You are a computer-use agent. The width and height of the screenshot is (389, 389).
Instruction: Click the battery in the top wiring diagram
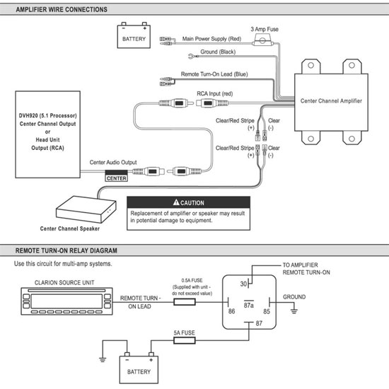click(134, 35)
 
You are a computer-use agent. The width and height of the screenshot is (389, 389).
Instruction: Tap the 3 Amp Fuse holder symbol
click(262, 40)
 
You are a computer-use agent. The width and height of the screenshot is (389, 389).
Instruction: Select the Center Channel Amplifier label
click(331, 100)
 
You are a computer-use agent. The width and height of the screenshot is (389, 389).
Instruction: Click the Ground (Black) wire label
click(218, 52)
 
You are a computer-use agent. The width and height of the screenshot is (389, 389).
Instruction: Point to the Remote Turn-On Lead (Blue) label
click(214, 74)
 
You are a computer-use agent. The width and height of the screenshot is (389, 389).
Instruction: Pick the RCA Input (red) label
click(215, 93)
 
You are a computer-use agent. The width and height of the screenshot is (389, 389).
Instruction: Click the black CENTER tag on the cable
click(117, 175)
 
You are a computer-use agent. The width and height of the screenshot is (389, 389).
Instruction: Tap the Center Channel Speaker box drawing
click(86, 209)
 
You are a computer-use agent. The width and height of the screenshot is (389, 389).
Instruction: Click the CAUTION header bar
click(189, 202)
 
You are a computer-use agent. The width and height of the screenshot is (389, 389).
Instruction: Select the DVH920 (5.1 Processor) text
click(48, 115)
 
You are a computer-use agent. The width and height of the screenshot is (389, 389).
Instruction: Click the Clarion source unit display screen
click(66, 301)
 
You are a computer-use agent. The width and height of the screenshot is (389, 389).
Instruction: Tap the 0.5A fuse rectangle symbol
click(185, 302)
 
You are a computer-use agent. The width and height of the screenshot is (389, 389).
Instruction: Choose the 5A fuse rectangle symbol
click(185, 340)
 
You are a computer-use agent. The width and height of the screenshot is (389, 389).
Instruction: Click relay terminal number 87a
click(249, 305)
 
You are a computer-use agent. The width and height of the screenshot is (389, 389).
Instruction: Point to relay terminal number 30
click(243, 284)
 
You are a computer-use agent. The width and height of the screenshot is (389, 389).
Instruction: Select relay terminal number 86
click(231, 311)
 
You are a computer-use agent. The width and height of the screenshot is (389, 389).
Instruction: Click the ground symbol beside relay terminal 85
click(294, 311)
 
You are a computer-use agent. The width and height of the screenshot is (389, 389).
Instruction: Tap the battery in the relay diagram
click(139, 368)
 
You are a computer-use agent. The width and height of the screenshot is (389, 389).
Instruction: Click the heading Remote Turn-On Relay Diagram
click(66, 250)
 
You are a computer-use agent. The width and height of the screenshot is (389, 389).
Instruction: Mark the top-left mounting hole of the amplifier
click(310, 65)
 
